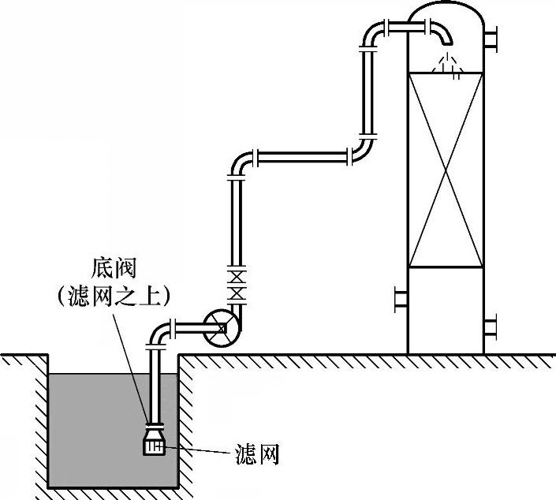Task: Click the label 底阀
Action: coord(114,269)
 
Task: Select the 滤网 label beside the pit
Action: coord(257,455)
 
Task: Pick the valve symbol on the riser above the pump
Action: coord(235,285)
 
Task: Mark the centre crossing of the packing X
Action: coord(446,170)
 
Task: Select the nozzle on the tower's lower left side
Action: coord(400,299)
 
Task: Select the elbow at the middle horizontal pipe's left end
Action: coord(241,162)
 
